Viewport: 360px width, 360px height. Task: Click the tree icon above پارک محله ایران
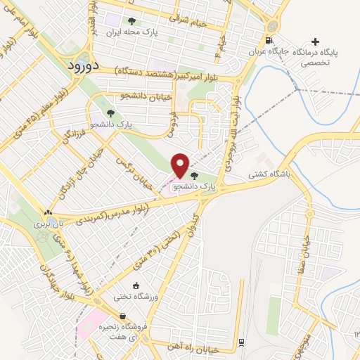click(x=132, y=21)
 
